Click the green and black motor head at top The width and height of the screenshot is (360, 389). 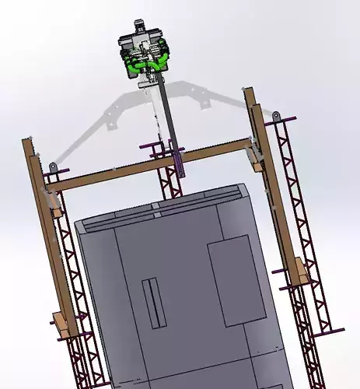(x=145, y=51)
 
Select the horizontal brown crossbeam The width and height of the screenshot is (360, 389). (x=148, y=166)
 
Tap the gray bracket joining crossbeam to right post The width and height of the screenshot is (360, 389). (x=254, y=155)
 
